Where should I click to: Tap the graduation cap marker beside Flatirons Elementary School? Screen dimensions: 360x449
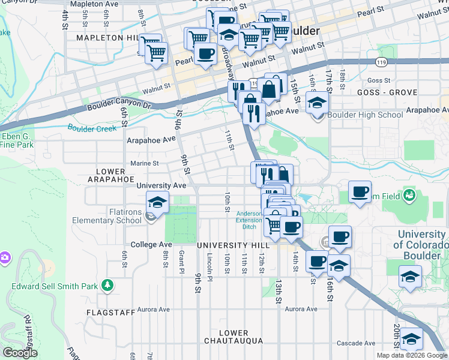[x=158, y=203]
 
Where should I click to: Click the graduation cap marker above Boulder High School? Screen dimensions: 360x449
[x=317, y=103]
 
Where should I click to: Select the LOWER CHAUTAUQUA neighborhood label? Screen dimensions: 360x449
[x=234, y=337]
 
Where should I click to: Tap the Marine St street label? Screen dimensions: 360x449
[x=145, y=163]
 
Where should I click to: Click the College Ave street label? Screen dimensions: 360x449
[x=152, y=245]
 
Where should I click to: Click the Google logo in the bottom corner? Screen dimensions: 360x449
[x=20, y=352]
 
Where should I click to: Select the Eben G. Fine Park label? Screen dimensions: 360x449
[x=17, y=140]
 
